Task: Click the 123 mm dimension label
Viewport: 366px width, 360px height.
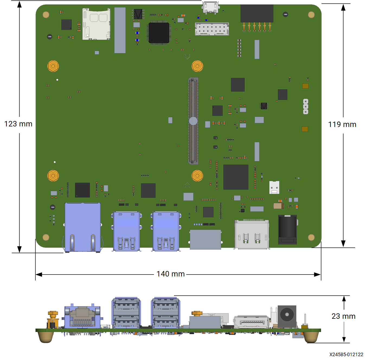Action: pos(18,124)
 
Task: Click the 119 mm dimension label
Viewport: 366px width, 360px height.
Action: pos(342,125)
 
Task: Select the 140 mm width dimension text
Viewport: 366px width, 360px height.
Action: pos(171,274)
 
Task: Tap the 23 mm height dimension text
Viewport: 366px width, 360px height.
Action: pos(343,316)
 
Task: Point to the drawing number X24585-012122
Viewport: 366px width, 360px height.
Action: pos(346,355)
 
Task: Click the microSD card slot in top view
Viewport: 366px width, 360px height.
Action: pos(96,24)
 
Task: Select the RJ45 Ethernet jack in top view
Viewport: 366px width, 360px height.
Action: pos(83,227)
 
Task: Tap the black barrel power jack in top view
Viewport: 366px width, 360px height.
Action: pos(287,230)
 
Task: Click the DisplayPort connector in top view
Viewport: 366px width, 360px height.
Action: pos(252,234)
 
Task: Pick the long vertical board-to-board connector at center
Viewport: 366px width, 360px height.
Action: pos(193,121)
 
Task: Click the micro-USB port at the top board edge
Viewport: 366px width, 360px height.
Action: pos(210,8)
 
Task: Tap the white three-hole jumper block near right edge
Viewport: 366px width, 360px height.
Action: pos(306,106)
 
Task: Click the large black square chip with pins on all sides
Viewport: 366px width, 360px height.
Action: pos(159,33)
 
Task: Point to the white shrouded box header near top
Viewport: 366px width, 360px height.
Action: pos(212,29)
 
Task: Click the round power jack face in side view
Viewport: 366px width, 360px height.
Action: pos(287,315)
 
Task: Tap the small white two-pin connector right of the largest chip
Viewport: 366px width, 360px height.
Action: pos(274,187)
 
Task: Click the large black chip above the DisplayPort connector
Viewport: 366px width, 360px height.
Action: pos(236,177)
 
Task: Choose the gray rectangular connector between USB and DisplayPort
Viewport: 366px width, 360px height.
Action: pos(205,240)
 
